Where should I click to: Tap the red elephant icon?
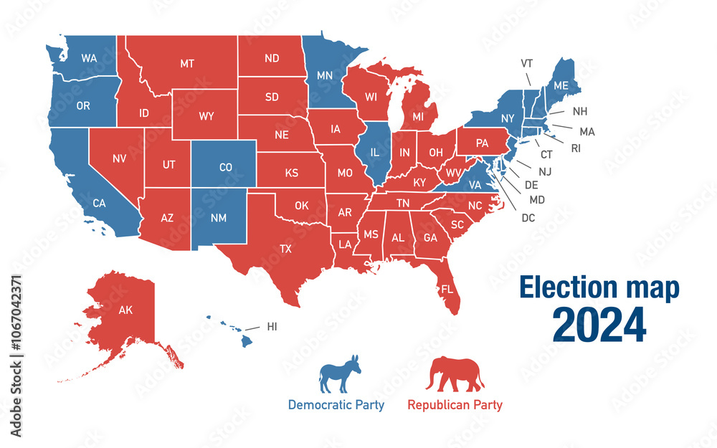tap(455, 375)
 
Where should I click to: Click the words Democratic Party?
tap(336, 405)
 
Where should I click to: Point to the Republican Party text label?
tap(455, 405)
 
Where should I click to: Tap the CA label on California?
tap(99, 204)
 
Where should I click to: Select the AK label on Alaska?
tap(126, 310)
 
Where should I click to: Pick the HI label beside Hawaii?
tap(272, 327)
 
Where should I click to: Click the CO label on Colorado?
tap(226, 168)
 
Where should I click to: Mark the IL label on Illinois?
tap(374, 153)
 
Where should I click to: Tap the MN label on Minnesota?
tap(325, 74)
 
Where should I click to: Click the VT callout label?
tap(526, 63)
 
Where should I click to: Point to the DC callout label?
tap(528, 218)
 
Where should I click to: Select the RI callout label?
tap(576, 149)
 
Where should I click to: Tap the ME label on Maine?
tap(561, 85)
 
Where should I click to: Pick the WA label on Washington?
tap(89, 57)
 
